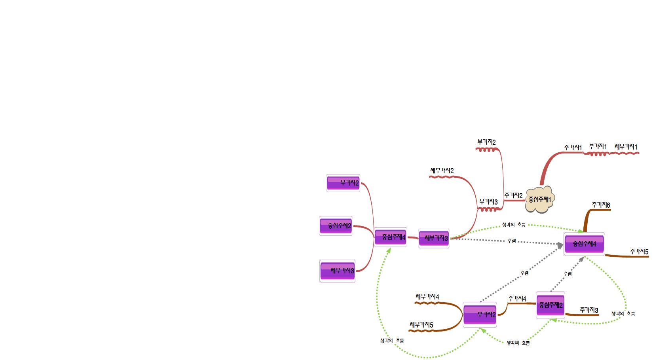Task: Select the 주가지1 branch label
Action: pyautogui.click(x=573, y=148)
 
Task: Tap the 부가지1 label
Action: pyautogui.click(x=598, y=146)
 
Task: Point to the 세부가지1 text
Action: pyautogui.click(x=626, y=147)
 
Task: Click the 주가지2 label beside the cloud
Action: pyautogui.click(x=513, y=195)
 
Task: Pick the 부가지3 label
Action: pyautogui.click(x=488, y=202)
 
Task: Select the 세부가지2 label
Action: pyautogui.click(x=442, y=171)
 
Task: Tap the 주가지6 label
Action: pyautogui.click(x=601, y=205)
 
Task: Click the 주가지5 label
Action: pyautogui.click(x=639, y=252)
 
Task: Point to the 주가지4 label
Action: pyautogui.click(x=517, y=299)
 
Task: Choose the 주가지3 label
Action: pyautogui.click(x=589, y=310)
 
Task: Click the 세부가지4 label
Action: pyautogui.click(x=427, y=297)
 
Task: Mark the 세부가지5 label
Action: pyautogui.click(x=421, y=325)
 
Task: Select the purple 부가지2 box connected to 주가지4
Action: pyautogui.click(x=480, y=315)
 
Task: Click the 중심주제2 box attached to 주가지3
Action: pyautogui.click(x=550, y=305)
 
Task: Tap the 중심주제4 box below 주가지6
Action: pyautogui.click(x=584, y=244)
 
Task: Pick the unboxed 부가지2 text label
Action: pyautogui.click(x=486, y=142)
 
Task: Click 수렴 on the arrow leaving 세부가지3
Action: pyautogui.click(x=511, y=241)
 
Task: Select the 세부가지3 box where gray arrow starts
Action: pyautogui.click(x=434, y=238)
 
